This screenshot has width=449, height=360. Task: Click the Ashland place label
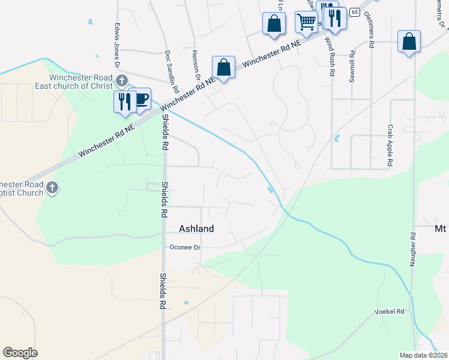(x=197, y=229)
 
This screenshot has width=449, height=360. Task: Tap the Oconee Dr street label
(x=185, y=247)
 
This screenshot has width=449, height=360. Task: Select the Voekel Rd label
(x=390, y=312)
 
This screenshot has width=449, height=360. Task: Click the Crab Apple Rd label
(x=390, y=145)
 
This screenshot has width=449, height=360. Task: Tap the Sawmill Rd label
(x=352, y=71)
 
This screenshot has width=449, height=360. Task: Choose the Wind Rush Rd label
(x=330, y=56)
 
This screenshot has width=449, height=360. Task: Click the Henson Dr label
(x=196, y=65)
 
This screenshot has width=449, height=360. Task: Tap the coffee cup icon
(x=142, y=99)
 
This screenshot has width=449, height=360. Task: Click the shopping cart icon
(x=306, y=22)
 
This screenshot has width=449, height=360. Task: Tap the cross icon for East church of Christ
(x=122, y=80)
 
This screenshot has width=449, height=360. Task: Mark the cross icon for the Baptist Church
(x=52, y=188)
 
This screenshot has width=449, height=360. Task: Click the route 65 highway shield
(x=355, y=12)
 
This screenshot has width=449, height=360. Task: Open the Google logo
(x=20, y=353)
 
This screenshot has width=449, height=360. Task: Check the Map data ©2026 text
(x=423, y=355)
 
